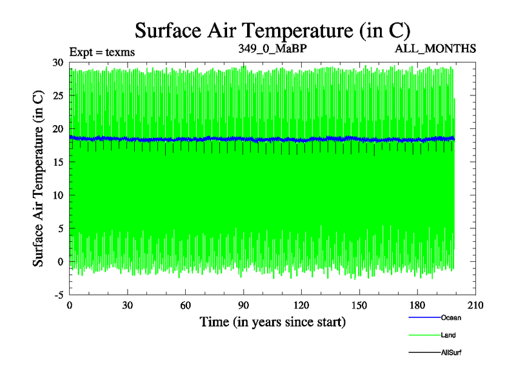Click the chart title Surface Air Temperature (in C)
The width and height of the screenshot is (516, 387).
(272, 30)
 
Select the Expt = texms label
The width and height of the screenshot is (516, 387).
(102, 52)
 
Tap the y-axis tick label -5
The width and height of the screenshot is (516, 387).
(59, 295)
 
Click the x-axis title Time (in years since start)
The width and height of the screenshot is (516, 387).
(272, 321)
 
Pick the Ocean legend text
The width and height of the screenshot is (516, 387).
(451, 317)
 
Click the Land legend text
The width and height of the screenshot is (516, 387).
(448, 335)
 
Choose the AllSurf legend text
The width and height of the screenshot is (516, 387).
(451, 353)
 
